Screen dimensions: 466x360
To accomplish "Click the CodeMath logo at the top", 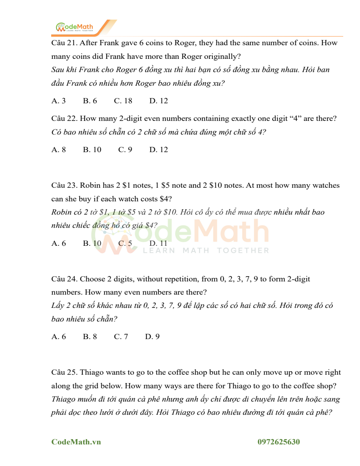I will point(75,27).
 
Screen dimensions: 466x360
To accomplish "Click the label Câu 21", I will point(64,43).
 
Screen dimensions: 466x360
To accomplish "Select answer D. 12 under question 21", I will point(159,101).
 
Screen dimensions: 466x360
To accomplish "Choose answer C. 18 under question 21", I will point(123,101).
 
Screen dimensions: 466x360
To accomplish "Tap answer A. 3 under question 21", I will point(58,101).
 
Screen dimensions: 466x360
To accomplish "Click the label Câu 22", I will point(64,119).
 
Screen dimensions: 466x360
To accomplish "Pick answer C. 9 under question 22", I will point(125,150).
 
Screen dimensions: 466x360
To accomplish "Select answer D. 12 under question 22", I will point(159,150).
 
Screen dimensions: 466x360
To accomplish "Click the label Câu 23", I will point(64,185).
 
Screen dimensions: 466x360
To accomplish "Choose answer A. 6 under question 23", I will point(58,243).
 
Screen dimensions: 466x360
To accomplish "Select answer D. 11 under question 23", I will point(158,243).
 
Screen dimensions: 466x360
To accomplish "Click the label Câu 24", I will point(64,279).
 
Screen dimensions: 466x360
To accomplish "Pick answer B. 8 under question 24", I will point(90,337).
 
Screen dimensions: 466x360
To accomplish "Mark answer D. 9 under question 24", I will point(152,337).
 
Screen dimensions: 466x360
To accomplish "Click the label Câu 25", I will point(64,372).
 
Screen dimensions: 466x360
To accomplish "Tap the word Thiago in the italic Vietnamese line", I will point(64,399).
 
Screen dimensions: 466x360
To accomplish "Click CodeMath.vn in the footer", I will point(76,442).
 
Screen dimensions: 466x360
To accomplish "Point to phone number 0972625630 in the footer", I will point(279,442).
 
